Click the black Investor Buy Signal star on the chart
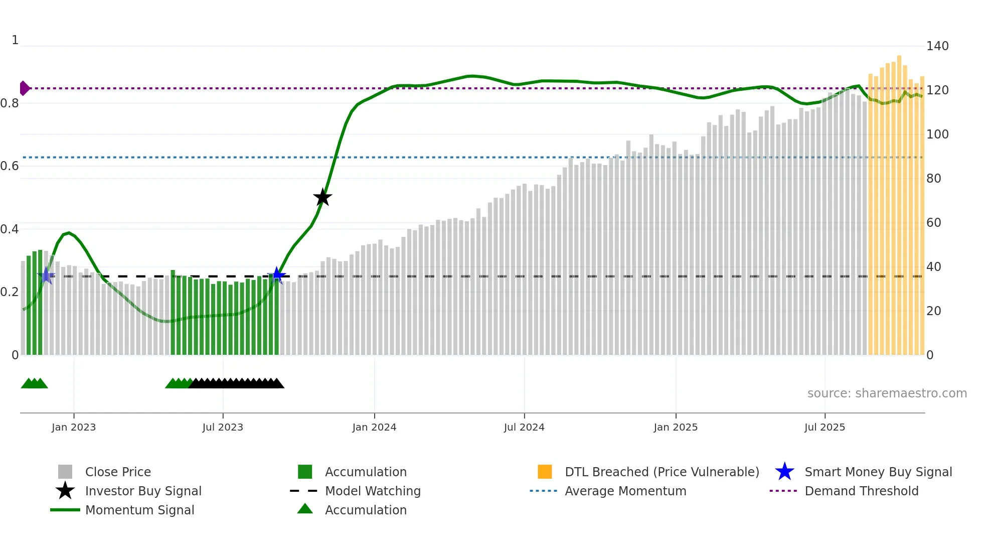point(322,197)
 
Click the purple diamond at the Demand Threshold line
point(24,88)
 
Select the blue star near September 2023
point(277,275)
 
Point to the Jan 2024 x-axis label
point(374,427)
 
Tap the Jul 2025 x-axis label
point(825,427)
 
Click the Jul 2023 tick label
point(223,427)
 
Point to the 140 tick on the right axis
point(937,46)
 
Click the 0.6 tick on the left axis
point(10,166)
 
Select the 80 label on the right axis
point(933,179)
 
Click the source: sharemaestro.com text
point(887,393)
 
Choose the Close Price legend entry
point(118,472)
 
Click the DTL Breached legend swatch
point(545,472)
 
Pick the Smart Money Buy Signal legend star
point(784,472)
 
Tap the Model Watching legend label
point(373,491)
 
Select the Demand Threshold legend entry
point(861,491)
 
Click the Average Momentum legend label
point(625,491)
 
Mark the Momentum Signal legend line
point(65,510)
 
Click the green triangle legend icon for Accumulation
point(305,509)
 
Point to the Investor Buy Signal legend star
point(65,491)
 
